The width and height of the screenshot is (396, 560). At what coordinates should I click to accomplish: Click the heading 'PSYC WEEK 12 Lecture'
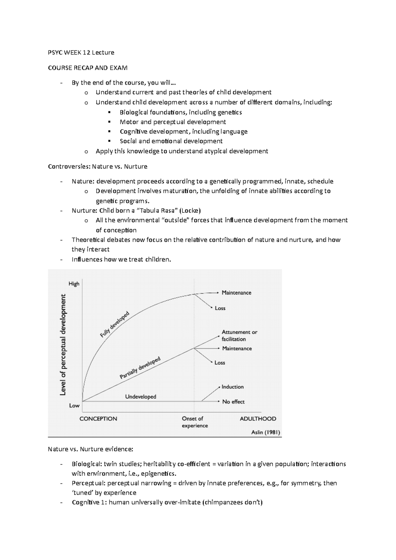tap(81, 52)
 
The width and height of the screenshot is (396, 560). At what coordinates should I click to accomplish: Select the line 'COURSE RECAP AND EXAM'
tap(87, 68)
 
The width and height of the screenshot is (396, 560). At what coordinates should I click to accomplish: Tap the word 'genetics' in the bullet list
tap(229, 112)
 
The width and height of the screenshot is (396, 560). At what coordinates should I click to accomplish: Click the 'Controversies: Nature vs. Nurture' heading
tap(97, 167)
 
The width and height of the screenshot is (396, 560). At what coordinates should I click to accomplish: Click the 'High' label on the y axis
tap(74, 284)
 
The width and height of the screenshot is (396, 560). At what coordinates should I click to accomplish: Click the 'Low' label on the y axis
tap(74, 406)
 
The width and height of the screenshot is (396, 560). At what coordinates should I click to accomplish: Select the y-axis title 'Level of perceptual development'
tap(63, 345)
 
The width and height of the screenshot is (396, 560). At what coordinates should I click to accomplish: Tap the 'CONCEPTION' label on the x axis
tap(98, 419)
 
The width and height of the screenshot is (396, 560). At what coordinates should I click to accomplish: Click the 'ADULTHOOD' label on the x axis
tap(258, 419)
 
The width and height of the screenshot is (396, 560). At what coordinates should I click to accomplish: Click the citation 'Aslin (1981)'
tap(266, 432)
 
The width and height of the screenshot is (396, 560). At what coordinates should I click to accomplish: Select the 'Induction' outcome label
tap(232, 387)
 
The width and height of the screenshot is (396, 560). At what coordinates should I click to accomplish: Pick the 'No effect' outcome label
tap(233, 402)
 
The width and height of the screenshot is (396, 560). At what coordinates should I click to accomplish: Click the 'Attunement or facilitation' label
tap(239, 336)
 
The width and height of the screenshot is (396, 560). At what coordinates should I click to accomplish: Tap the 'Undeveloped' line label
tap(141, 397)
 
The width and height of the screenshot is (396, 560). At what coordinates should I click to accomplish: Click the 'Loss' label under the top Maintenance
tap(220, 308)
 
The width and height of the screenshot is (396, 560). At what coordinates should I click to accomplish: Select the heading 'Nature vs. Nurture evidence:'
tap(90, 449)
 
